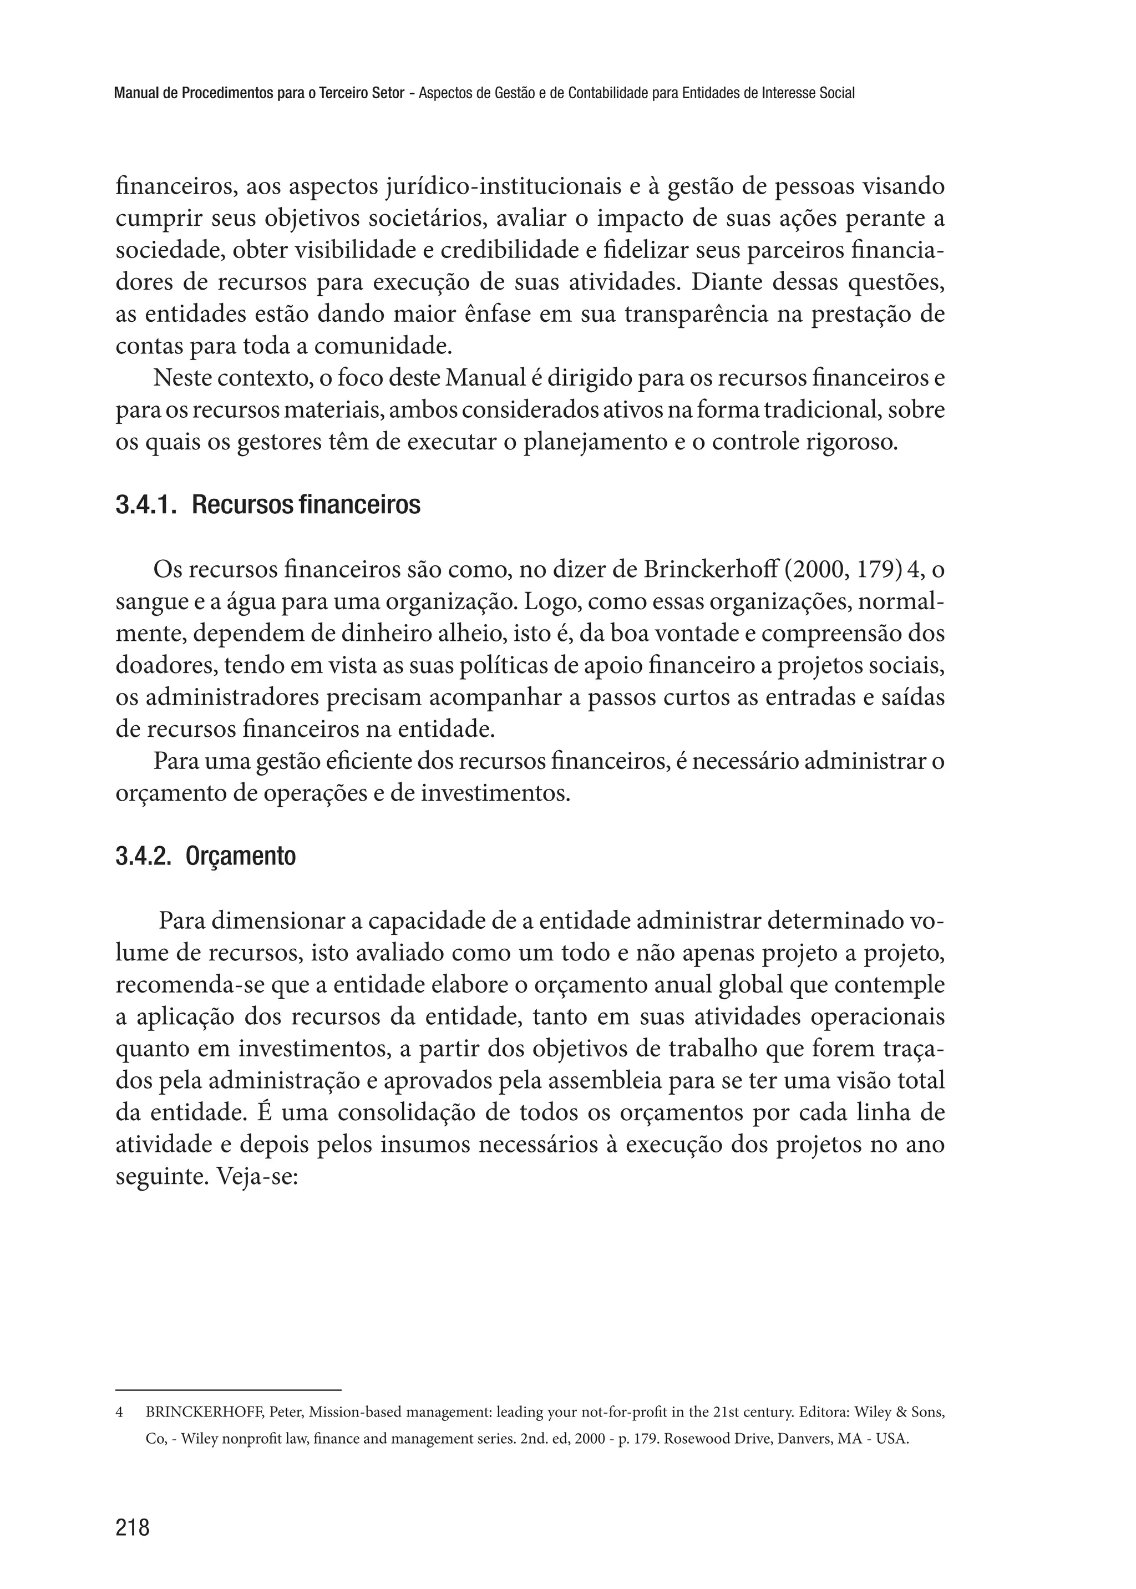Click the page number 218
pyautogui.click(x=133, y=1527)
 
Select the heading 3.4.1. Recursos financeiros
pyautogui.click(x=268, y=505)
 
